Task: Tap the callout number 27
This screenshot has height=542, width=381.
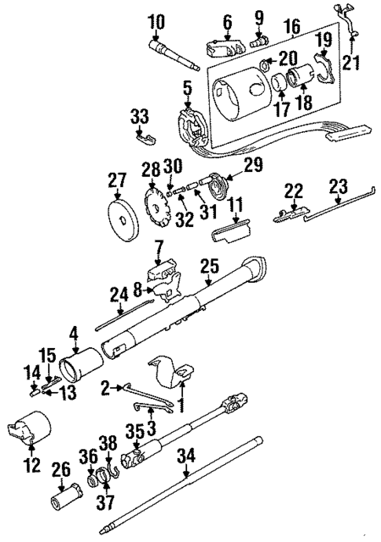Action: (x=116, y=181)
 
